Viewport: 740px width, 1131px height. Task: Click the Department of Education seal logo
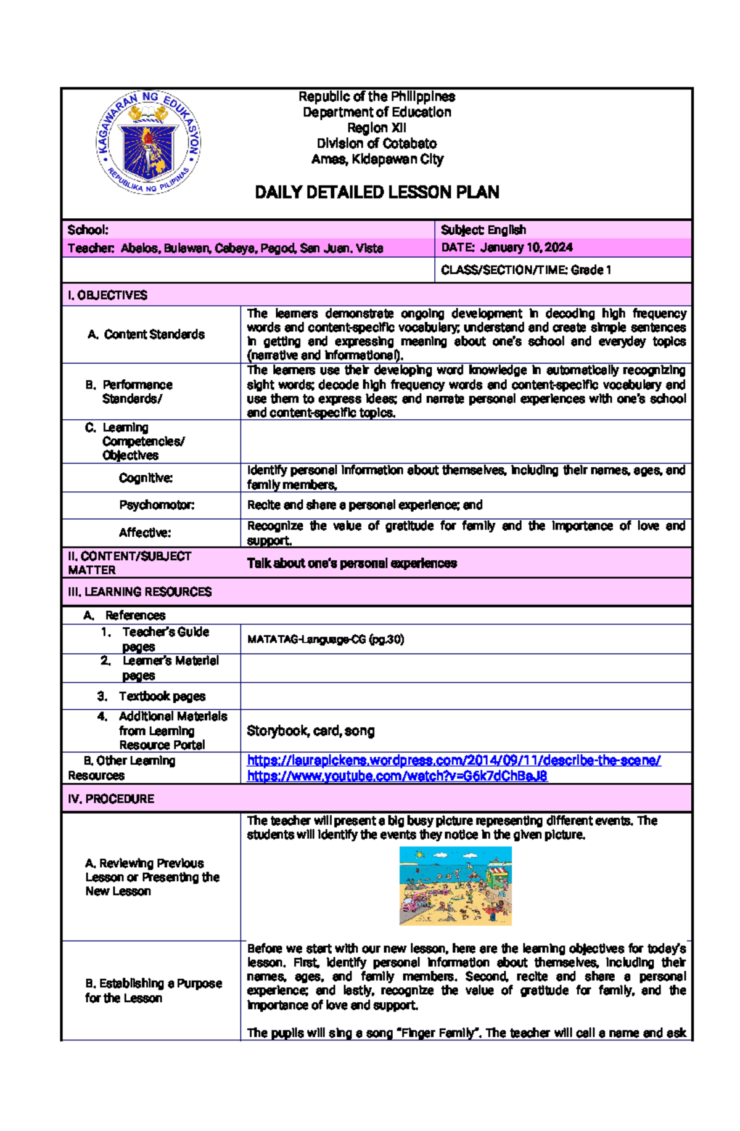(x=148, y=142)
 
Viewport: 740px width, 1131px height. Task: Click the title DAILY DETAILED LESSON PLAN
(x=377, y=192)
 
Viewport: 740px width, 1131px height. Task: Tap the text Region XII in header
(x=377, y=128)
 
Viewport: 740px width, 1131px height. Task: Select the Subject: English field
(x=483, y=230)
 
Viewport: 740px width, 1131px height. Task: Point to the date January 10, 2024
(x=526, y=247)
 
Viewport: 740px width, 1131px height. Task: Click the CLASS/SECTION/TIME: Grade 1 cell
(x=525, y=270)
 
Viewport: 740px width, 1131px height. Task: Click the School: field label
(x=88, y=230)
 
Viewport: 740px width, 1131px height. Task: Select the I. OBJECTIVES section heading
(x=107, y=295)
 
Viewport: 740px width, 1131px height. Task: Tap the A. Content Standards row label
(x=146, y=334)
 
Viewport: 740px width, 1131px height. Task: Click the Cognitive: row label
(x=146, y=478)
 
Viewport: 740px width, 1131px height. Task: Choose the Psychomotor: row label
(x=157, y=505)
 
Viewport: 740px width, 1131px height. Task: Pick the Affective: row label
(x=145, y=533)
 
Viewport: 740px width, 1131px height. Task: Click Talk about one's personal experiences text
(x=351, y=563)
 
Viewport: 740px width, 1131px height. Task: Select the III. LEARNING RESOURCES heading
(x=139, y=592)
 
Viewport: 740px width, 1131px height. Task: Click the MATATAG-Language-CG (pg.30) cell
(x=325, y=639)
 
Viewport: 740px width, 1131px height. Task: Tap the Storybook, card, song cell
(x=310, y=730)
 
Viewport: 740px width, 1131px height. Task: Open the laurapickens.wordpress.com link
(x=453, y=760)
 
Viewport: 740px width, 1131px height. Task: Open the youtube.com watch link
(x=397, y=775)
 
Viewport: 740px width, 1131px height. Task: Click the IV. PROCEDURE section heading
(x=111, y=799)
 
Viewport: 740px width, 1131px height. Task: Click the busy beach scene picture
(x=455, y=885)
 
